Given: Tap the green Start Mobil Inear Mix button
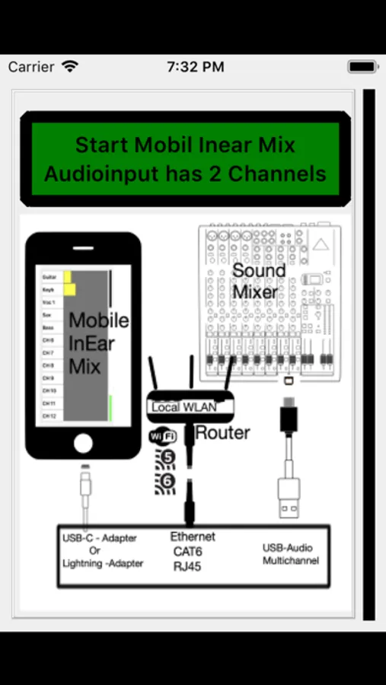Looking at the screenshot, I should (185, 159).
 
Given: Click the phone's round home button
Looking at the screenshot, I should (83, 442).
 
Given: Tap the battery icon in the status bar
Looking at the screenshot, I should (362, 67).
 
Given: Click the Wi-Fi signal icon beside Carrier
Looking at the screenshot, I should (70, 66).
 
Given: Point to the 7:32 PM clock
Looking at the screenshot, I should (195, 67).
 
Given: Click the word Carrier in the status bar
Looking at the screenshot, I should (31, 67).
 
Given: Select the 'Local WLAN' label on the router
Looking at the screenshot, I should (183, 407).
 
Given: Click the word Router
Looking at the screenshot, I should (222, 433).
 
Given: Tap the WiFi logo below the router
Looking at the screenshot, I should (161, 437).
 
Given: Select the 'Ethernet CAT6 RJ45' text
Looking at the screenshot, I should (192, 551).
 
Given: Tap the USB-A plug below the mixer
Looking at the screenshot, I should (289, 499).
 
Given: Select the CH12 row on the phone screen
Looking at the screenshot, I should (50, 416).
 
